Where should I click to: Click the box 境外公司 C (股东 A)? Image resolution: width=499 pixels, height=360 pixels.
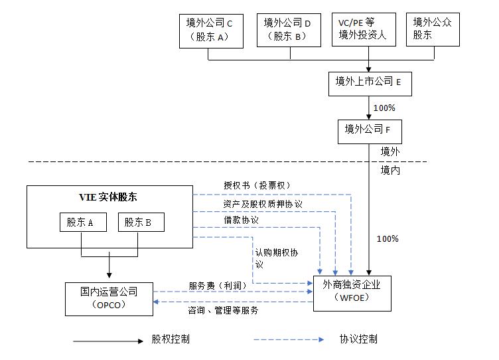click(208, 30)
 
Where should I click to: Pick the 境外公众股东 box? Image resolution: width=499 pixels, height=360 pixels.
click(433, 30)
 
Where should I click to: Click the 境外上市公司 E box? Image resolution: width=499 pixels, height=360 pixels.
click(368, 82)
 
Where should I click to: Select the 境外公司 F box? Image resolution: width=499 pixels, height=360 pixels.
click(368, 130)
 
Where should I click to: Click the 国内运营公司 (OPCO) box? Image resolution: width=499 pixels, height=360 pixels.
click(109, 298)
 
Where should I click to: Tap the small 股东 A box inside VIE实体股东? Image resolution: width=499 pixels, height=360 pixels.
click(82, 223)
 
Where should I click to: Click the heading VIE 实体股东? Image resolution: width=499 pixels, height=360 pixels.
click(109, 197)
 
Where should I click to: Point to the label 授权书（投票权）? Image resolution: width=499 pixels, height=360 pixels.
click(257, 185)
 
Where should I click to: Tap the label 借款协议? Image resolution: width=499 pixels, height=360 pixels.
click(241, 220)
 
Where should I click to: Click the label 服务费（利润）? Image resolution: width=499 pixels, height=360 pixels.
click(217, 286)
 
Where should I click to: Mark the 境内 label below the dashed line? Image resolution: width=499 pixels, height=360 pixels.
click(390, 170)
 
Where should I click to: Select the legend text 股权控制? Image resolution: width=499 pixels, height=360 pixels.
click(171, 339)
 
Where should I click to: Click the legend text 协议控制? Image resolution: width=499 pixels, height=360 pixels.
click(358, 339)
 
